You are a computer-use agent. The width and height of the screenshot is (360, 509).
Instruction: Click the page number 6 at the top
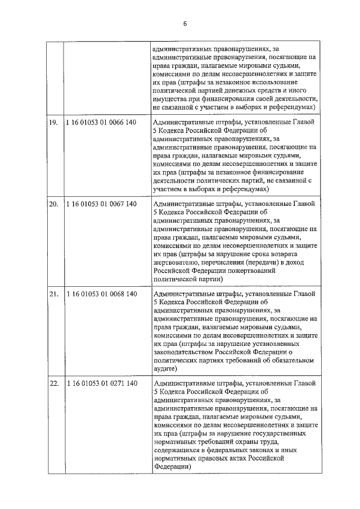(184, 23)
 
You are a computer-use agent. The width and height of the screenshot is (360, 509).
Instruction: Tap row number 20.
(53, 204)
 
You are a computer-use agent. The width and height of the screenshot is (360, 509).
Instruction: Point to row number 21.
(53, 294)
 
